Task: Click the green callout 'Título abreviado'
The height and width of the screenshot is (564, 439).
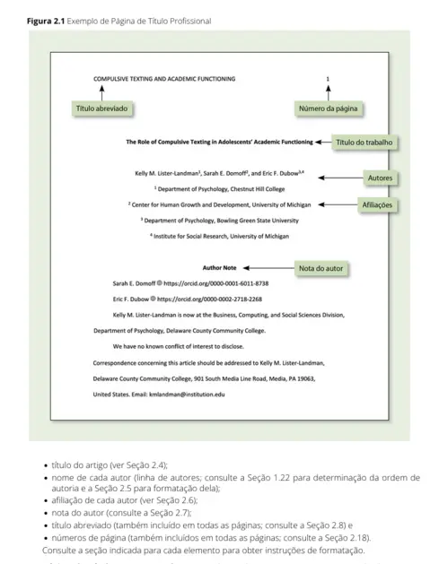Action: [101, 108]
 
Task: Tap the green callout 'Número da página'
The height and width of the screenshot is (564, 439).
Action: [329, 108]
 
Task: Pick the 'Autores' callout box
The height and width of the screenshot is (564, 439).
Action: [380, 178]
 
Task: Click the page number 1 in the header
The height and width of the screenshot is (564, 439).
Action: [328, 79]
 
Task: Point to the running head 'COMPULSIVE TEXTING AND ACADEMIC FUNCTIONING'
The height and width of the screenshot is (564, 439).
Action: [164, 79]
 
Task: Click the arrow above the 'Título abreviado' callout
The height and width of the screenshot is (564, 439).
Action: [101, 92]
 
